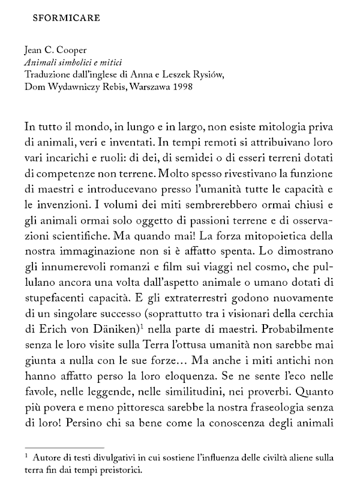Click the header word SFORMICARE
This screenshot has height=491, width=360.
pos(66,17)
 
